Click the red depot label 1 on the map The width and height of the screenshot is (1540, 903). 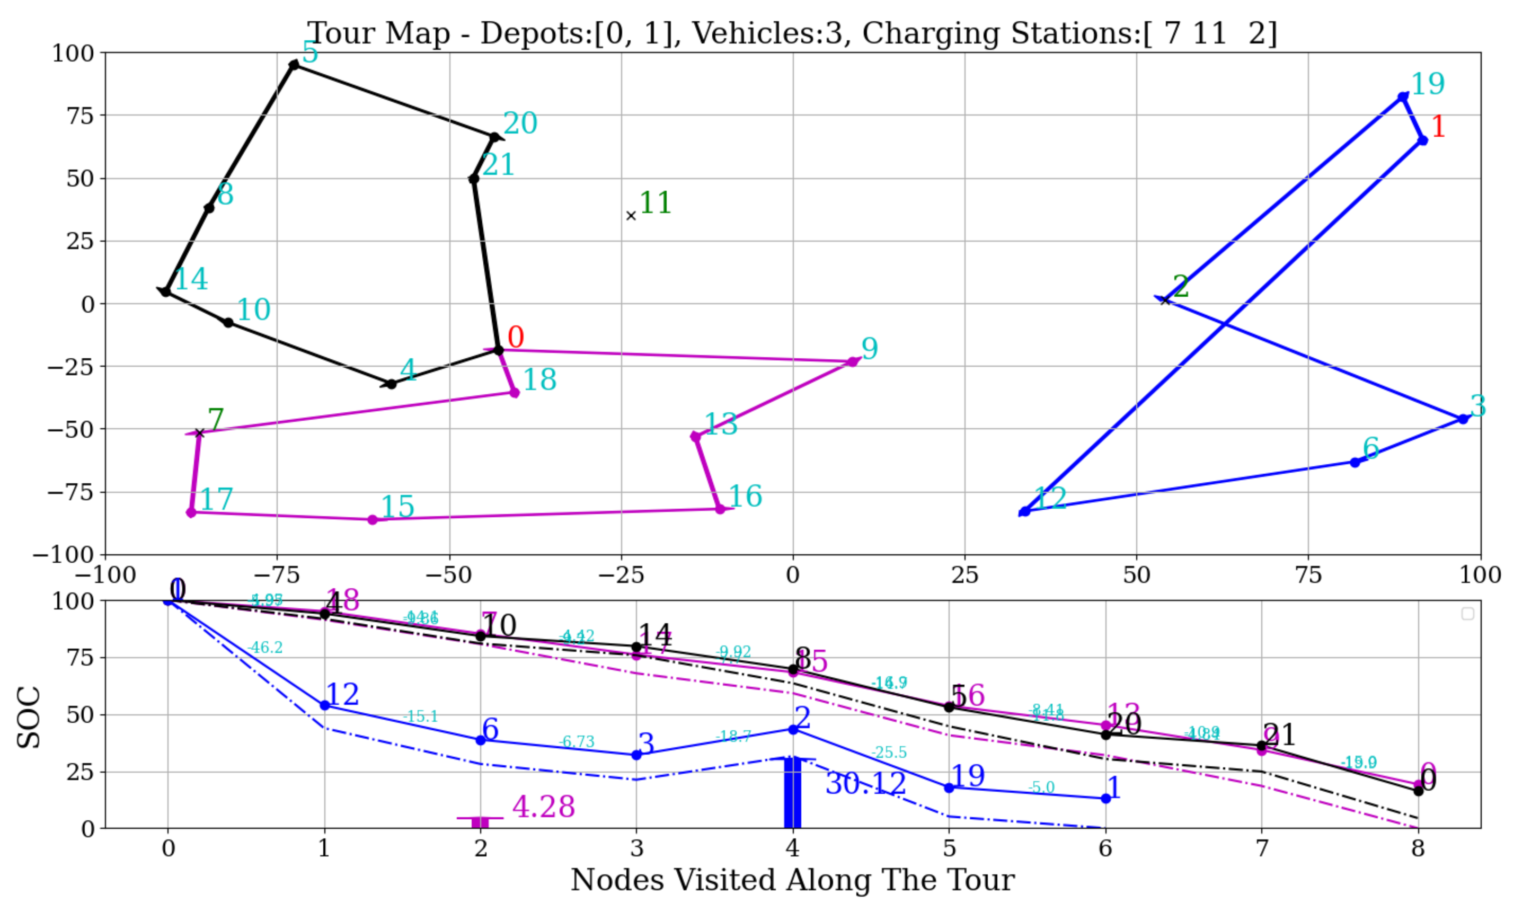pos(1438,127)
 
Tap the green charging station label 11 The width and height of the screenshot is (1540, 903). pos(655,203)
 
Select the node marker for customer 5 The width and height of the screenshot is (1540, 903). pos(294,65)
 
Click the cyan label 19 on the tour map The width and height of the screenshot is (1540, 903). pos(1427,84)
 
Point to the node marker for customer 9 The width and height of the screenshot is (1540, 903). pos(853,362)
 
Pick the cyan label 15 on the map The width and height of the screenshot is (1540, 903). pos(397,507)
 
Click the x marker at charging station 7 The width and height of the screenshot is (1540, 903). pos(199,433)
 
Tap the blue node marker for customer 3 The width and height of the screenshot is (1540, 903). pos(1463,419)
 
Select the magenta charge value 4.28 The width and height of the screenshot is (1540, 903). pos(543,807)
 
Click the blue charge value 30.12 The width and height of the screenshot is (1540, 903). pos(865,784)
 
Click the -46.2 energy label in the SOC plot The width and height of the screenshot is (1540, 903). pos(265,648)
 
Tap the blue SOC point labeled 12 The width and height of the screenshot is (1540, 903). pos(325,706)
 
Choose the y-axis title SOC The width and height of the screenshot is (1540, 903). pos(29,718)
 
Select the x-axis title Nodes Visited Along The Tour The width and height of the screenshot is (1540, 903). pos(793,880)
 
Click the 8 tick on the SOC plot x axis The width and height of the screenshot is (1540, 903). pos(1418,848)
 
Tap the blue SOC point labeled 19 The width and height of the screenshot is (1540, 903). pos(949,788)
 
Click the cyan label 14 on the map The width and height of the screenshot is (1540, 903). pos(191,279)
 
